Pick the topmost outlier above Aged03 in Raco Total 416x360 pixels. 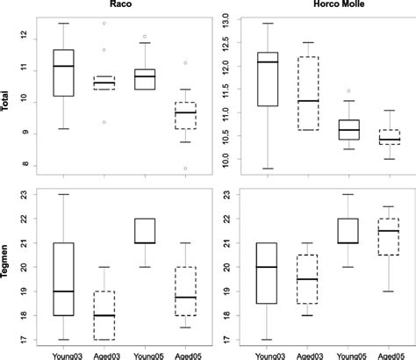click(104, 24)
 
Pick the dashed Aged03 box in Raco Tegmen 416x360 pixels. click(104, 316)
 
